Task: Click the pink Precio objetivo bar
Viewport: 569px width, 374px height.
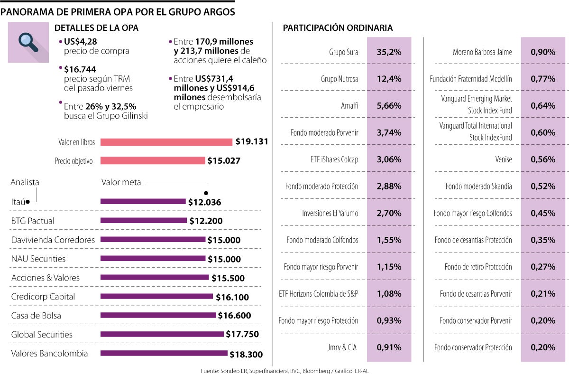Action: [153, 161]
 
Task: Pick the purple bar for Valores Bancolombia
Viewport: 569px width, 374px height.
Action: [164, 353]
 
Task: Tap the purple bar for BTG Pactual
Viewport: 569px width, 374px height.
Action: [144, 220]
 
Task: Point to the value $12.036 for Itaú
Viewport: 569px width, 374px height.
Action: [204, 202]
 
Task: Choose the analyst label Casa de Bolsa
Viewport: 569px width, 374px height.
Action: [36, 316]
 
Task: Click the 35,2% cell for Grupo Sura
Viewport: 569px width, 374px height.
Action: [389, 52]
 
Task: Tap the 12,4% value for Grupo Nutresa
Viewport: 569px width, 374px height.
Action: [389, 79]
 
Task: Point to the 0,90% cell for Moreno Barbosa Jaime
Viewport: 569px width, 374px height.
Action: [543, 52]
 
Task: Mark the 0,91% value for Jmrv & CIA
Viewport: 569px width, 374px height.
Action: [389, 347]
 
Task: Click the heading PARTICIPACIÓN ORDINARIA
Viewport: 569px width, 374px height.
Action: [338, 28]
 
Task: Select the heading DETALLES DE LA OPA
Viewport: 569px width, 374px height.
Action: [97, 28]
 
